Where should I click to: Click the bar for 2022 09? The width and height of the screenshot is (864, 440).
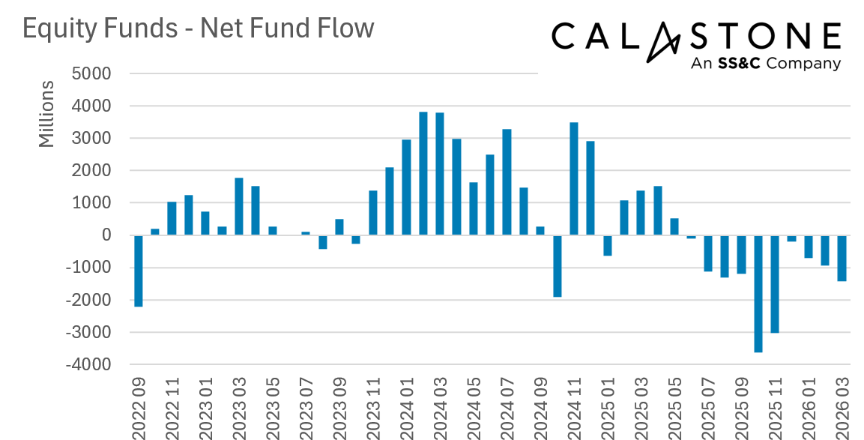139,271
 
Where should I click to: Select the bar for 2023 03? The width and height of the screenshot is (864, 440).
239,206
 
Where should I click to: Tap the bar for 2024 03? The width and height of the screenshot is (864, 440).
440,174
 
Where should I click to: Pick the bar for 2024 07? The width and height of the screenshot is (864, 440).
507,182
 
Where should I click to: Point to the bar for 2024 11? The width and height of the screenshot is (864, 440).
574,179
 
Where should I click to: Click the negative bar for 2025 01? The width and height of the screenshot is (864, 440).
608,246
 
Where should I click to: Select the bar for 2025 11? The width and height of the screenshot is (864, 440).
775,284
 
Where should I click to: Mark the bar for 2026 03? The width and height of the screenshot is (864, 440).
842,259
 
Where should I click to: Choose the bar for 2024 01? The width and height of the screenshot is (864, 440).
406,187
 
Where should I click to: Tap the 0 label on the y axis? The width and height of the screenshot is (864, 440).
106,236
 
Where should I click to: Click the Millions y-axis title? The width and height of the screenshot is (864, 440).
46,113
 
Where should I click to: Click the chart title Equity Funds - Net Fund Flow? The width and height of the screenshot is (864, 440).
198,28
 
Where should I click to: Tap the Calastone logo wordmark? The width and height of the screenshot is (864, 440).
696,36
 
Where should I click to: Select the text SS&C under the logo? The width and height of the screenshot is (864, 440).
739,64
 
